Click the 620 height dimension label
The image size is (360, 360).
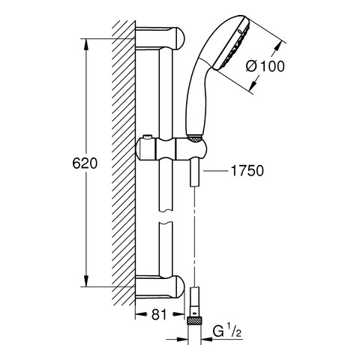pyautogui.click(x=85, y=164)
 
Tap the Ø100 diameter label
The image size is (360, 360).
pyautogui.click(x=265, y=67)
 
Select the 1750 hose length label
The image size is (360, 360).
pyautogui.click(x=247, y=171)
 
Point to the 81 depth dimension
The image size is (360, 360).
pyautogui.click(x=159, y=315)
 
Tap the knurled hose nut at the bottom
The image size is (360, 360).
pyautogui.click(x=194, y=321)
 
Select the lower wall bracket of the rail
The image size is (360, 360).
pyautogui.click(x=160, y=286)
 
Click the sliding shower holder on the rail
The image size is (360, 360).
pyautogui.click(x=171, y=149)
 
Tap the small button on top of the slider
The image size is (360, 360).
pyautogui.click(x=147, y=137)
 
